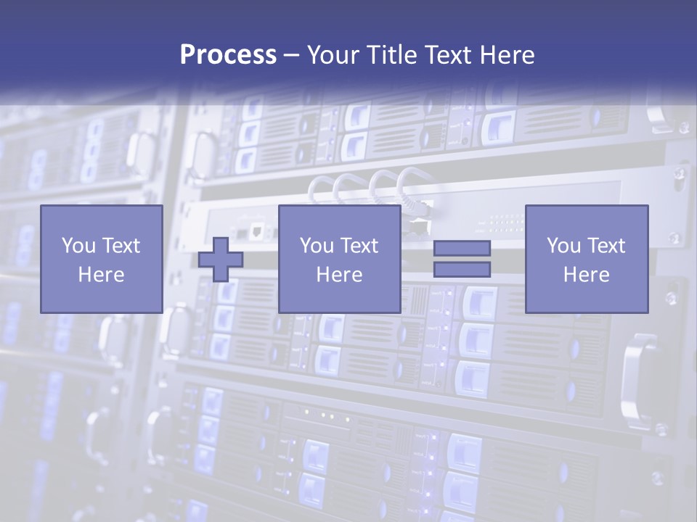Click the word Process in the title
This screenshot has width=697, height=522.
(228, 54)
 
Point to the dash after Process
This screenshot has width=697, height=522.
(292, 55)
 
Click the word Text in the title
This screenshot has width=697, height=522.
(455, 54)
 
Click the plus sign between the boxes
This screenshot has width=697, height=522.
(221, 260)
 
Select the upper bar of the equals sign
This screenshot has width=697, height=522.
(462, 248)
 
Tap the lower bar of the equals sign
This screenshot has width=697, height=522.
(462, 270)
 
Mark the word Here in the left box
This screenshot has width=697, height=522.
(101, 275)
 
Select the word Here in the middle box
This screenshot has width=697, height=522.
(339, 275)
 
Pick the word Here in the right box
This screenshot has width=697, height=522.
(586, 275)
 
